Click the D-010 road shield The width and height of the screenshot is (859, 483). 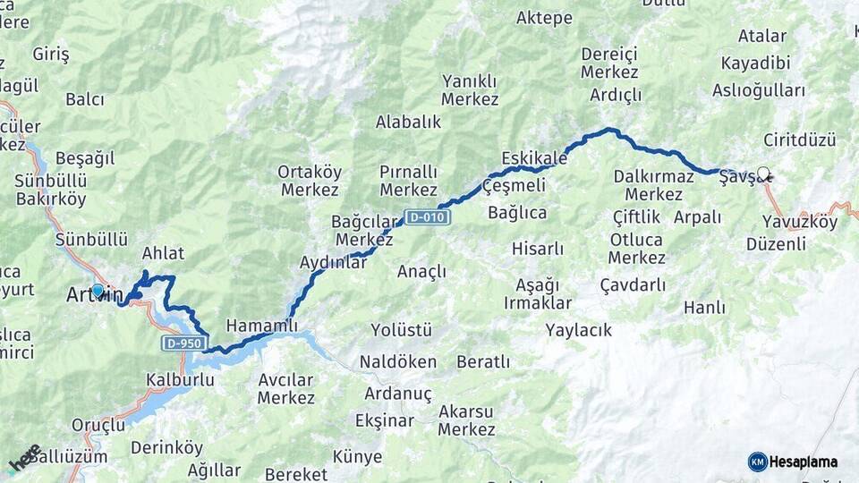(x=427, y=216)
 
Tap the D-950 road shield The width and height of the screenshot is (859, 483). (x=185, y=343)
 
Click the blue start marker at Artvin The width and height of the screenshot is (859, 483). (x=98, y=291)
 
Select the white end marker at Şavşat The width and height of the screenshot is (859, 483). (x=763, y=174)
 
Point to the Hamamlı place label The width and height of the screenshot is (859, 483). (x=261, y=326)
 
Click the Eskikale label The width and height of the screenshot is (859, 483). (x=534, y=158)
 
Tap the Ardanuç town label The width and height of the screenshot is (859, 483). (x=398, y=394)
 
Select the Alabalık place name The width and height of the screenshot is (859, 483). (x=409, y=122)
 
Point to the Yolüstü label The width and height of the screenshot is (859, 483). (x=402, y=330)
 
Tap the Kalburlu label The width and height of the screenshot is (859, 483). (x=180, y=379)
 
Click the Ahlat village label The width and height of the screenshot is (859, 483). (x=163, y=252)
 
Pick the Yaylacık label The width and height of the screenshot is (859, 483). (x=579, y=330)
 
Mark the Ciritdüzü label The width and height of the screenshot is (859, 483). (x=800, y=140)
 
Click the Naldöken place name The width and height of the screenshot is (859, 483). (x=398, y=361)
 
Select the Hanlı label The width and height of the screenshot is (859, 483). (x=704, y=307)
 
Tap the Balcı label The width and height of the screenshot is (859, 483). (x=85, y=98)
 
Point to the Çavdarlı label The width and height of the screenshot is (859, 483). (x=633, y=284)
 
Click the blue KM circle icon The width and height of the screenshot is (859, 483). (x=758, y=462)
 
